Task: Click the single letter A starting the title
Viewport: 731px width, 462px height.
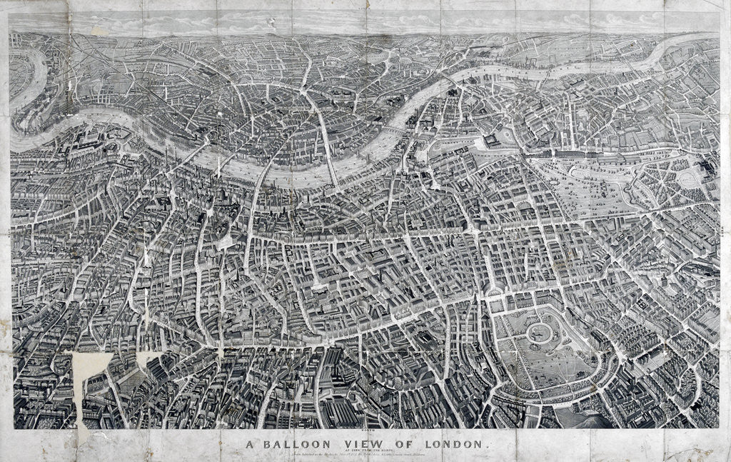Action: (251, 444)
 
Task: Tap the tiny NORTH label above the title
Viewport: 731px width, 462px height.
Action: (365, 431)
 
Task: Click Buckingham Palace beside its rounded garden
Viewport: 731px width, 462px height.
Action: (492, 141)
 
